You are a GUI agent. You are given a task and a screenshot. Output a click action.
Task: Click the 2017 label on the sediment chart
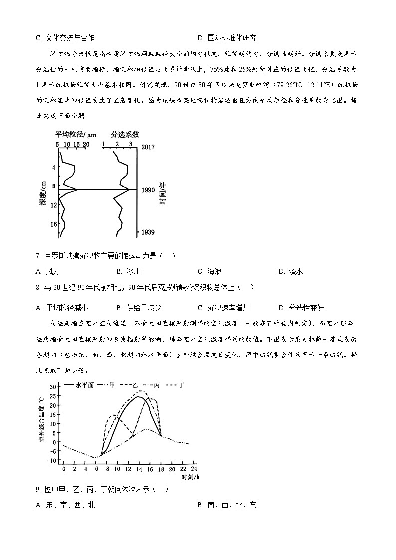(148, 147)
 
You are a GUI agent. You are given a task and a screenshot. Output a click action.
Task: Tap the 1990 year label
(148, 190)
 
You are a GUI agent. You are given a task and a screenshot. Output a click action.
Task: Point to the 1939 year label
(148, 232)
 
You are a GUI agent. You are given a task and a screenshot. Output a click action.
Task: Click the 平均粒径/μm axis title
(75, 134)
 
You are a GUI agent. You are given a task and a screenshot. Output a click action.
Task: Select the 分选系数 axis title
(125, 134)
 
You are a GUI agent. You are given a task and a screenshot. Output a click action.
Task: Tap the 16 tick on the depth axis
(53, 224)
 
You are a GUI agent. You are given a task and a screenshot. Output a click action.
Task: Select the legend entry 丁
(182, 385)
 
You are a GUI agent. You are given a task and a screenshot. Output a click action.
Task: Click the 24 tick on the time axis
(193, 469)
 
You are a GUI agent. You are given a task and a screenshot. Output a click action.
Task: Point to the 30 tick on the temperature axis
(53, 387)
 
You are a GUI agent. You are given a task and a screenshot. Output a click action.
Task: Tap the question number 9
(38, 489)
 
